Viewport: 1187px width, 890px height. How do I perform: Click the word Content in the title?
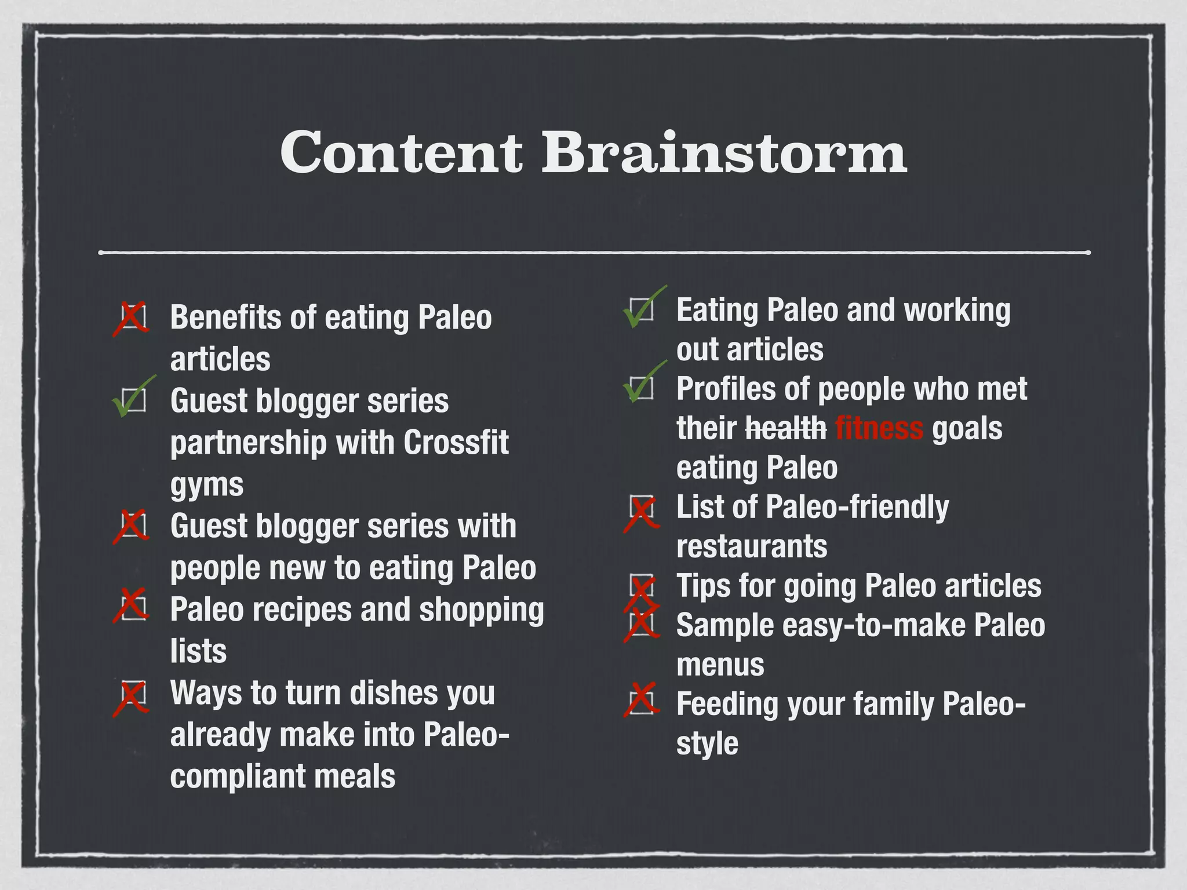pyautogui.click(x=401, y=152)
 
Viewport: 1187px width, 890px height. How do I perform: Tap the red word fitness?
pyautogui.click(x=879, y=429)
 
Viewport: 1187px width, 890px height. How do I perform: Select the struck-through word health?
pyautogui.click(x=786, y=429)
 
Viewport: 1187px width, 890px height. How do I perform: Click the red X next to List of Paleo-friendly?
pyautogui.click(x=641, y=512)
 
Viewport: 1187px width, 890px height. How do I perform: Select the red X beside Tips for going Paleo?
pyautogui.click(x=641, y=592)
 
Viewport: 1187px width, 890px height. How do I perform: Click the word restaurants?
pyautogui.click(x=752, y=546)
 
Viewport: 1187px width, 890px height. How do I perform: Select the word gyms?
pyautogui.click(x=207, y=484)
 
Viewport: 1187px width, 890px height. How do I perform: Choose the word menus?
pyautogui.click(x=720, y=665)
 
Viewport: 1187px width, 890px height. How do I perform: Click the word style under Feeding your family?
pyautogui.click(x=707, y=743)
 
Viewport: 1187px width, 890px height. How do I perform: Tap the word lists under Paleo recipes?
pyautogui.click(x=198, y=651)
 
